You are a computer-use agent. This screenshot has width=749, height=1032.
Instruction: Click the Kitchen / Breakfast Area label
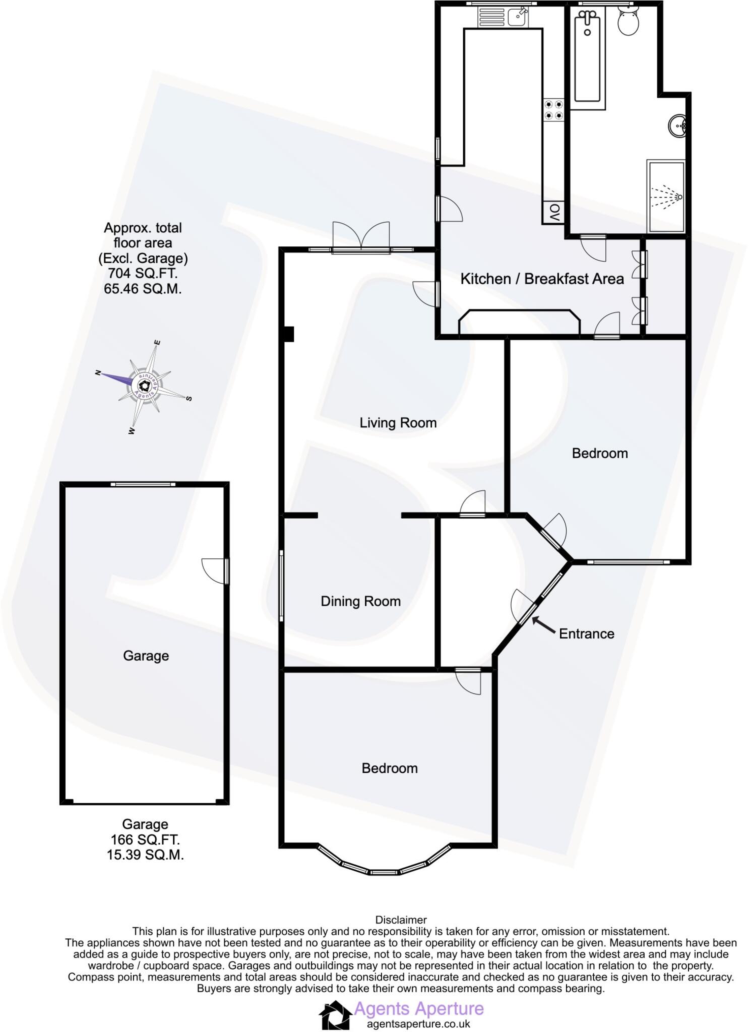pyautogui.click(x=542, y=279)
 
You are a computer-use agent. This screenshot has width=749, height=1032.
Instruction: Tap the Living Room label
pyautogui.click(x=398, y=422)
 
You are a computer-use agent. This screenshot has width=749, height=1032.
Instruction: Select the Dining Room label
pyautogui.click(x=360, y=601)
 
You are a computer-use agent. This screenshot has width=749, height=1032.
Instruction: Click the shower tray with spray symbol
pyautogui.click(x=666, y=197)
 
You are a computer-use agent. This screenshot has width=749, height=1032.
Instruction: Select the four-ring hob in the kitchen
pyautogui.click(x=553, y=110)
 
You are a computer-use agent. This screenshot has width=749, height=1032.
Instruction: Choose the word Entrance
pyautogui.click(x=586, y=633)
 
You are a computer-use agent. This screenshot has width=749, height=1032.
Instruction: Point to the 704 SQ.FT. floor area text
pyautogui.click(x=143, y=274)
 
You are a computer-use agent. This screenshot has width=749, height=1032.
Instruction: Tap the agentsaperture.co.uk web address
pyautogui.click(x=418, y=1024)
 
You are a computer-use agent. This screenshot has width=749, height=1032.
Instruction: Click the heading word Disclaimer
pyautogui.click(x=401, y=920)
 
